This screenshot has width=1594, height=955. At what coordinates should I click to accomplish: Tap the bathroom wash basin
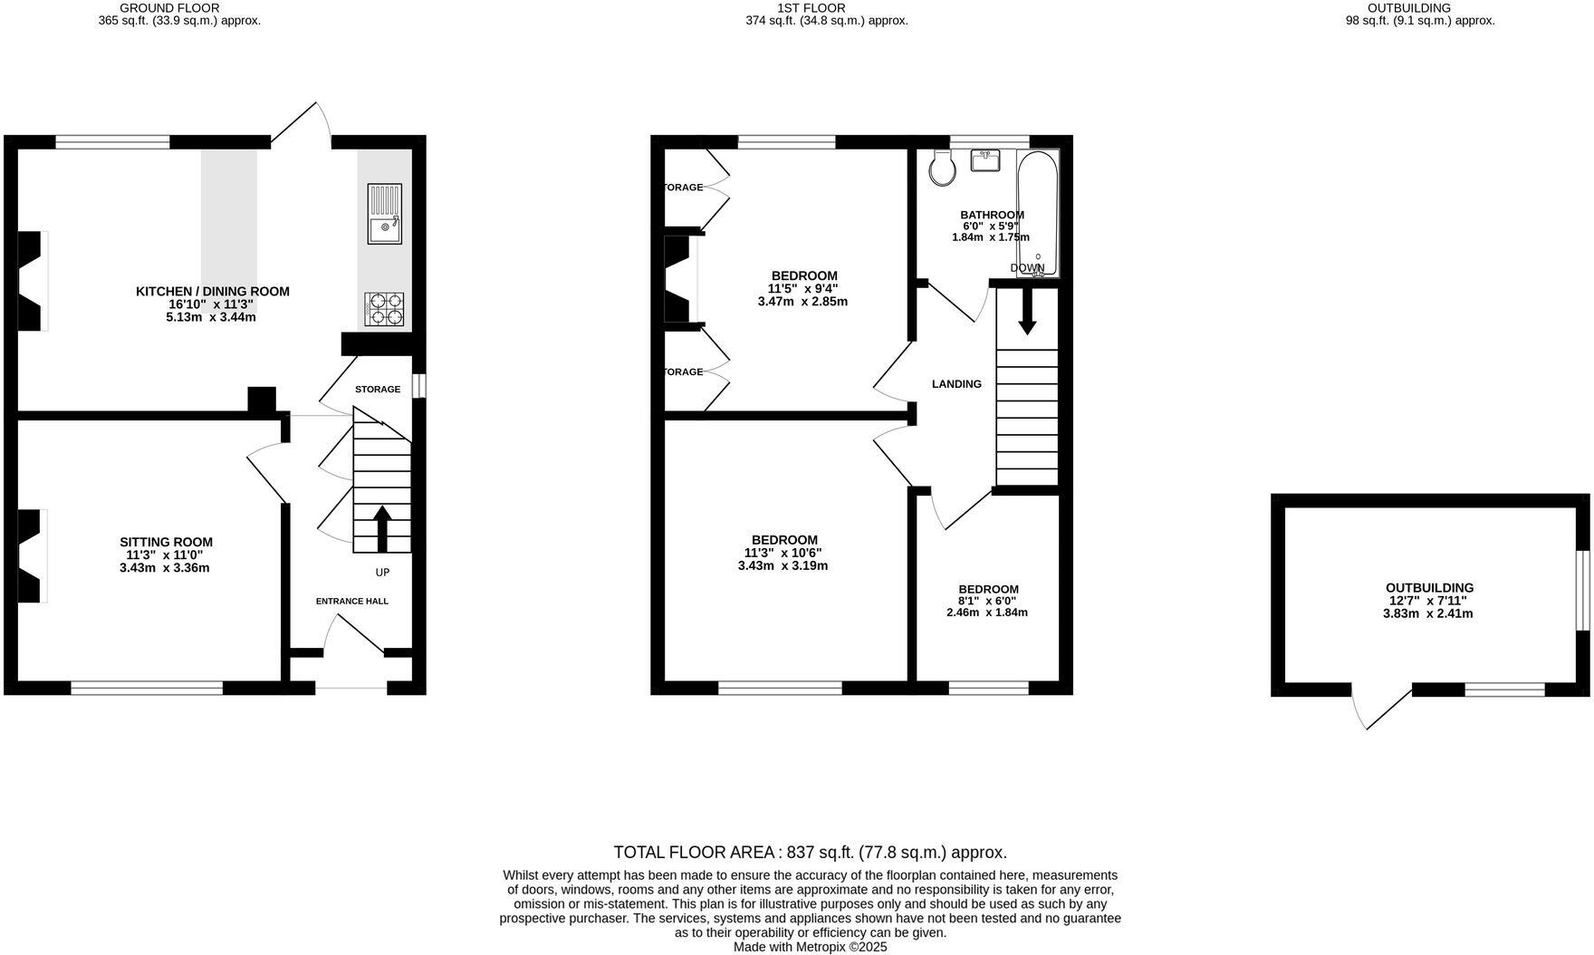click(x=985, y=160)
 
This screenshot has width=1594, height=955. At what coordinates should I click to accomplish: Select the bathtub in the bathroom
click(x=1037, y=213)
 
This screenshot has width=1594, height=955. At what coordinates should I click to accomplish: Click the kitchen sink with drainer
click(x=385, y=213)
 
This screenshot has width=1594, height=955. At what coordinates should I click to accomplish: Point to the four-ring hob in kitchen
click(x=384, y=309)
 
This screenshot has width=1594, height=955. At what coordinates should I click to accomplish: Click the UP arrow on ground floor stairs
click(x=382, y=528)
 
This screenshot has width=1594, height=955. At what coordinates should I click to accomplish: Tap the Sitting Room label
click(x=166, y=542)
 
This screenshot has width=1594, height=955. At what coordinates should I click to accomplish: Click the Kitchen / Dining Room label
click(x=213, y=291)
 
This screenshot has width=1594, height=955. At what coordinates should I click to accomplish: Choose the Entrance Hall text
click(x=351, y=601)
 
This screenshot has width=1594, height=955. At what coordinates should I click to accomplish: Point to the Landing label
click(x=956, y=384)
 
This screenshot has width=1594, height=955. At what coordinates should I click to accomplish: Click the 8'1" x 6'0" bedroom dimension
click(x=987, y=601)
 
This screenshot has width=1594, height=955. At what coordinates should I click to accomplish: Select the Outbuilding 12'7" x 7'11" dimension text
click(x=1429, y=601)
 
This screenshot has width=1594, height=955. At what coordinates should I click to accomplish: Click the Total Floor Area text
click(x=810, y=852)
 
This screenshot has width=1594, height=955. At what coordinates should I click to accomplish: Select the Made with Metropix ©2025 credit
click(x=810, y=947)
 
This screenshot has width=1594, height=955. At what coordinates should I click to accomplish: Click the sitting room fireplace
click(x=30, y=555)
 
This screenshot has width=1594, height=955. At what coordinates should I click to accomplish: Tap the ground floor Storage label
click(x=377, y=390)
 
